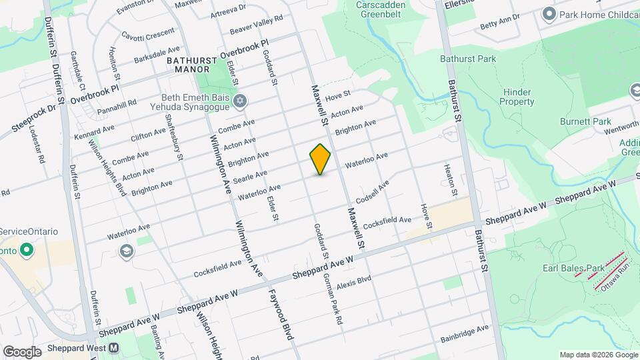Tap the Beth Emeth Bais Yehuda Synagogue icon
[x=240, y=101]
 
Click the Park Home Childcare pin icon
[x=549, y=13]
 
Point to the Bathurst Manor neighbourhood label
[x=188, y=64]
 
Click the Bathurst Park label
[x=468, y=59]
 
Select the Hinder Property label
[x=517, y=97]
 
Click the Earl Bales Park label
[x=573, y=268]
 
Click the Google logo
[x=22, y=351]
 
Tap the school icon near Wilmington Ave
[x=125, y=251]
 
